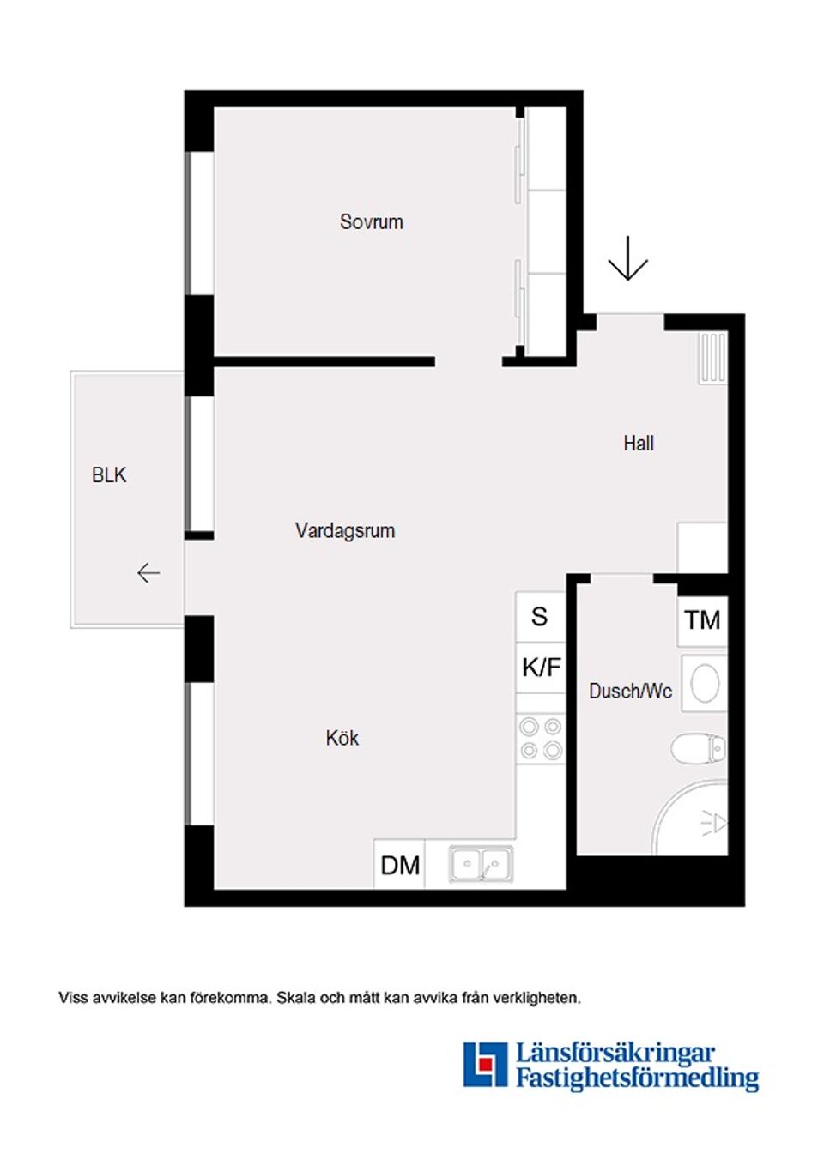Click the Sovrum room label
[x=371, y=222]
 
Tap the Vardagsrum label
[x=345, y=531]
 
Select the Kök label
[x=342, y=739]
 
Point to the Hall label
[x=639, y=444]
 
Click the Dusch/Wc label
[x=630, y=692]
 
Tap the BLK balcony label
[x=109, y=475]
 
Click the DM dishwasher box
[x=400, y=865]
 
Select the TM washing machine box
[x=702, y=620]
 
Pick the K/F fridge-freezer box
[x=541, y=668]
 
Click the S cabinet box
[x=540, y=617]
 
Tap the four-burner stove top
[x=541, y=739]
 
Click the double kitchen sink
[x=482, y=865]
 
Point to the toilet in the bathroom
[x=698, y=748]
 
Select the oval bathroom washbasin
[x=705, y=684]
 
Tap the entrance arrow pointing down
[x=628, y=258]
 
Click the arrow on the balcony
[x=148, y=572]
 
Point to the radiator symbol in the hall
[x=712, y=358]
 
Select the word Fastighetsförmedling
[x=637, y=1078]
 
